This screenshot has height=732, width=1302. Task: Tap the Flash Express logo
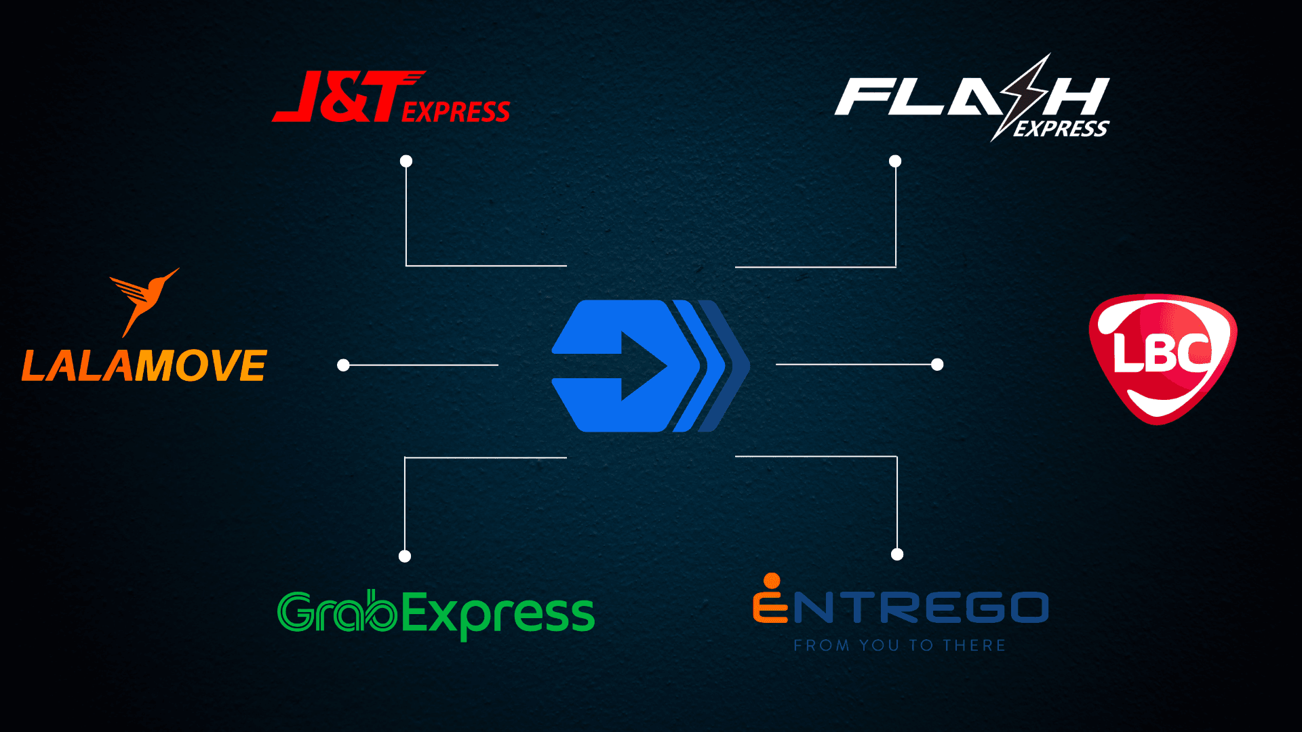coord(971,98)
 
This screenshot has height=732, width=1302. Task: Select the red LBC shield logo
coord(1162,358)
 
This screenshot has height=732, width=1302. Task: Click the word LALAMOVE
coord(144,367)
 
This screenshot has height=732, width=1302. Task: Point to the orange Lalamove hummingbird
coord(143,298)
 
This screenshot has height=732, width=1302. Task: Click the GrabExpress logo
coord(435,613)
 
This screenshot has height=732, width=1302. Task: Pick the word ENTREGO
coord(901,607)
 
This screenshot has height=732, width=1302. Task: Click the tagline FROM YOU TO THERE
coord(899,645)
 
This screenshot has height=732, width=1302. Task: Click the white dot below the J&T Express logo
coord(406,161)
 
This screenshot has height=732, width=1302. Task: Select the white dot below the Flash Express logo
coord(895,161)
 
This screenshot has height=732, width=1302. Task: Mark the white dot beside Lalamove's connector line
coord(343,365)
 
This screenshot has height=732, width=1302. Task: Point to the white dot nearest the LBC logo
coord(937,365)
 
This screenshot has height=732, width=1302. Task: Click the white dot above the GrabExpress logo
coord(405,556)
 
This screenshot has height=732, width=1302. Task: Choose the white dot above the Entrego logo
coord(897,554)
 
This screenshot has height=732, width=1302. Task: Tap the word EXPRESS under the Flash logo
coord(1061,129)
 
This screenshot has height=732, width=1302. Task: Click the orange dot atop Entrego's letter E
coord(772,581)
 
